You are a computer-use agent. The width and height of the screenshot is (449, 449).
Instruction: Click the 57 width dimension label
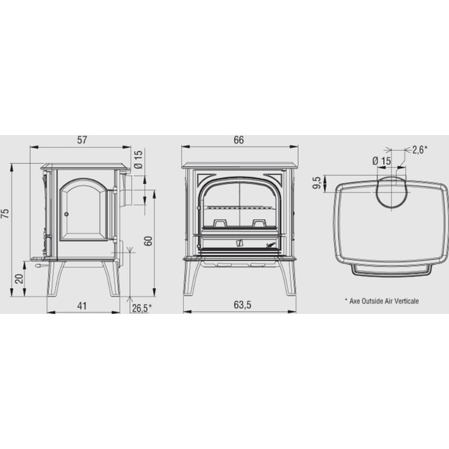click(82, 140)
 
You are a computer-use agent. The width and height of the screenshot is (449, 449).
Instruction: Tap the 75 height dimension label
click(6, 213)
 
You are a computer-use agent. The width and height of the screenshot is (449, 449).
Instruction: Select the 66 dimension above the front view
click(239, 140)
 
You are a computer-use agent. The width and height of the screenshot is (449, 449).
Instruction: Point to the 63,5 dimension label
click(242, 305)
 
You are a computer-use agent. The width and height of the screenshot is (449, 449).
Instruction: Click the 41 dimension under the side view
click(82, 306)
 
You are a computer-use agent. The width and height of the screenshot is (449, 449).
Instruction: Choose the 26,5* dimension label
click(142, 308)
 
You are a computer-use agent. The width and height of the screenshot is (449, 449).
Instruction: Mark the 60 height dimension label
click(148, 241)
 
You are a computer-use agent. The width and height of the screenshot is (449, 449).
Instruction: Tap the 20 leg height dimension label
click(19, 279)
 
